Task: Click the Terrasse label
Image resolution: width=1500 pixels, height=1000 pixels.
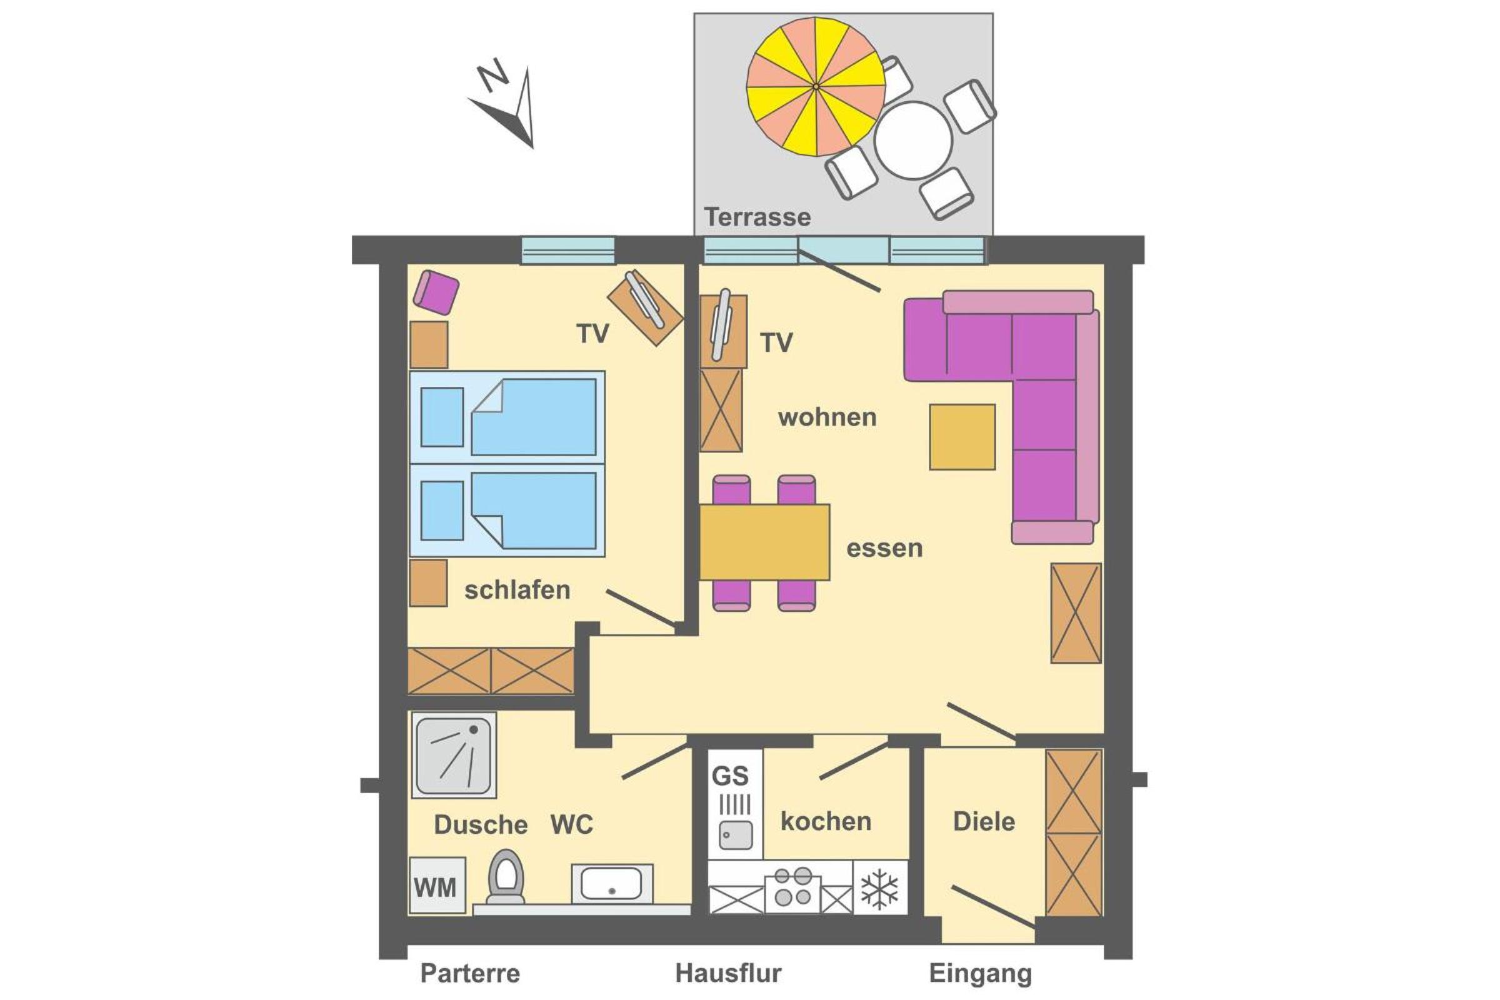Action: click(757, 217)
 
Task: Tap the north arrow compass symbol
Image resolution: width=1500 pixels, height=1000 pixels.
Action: click(505, 105)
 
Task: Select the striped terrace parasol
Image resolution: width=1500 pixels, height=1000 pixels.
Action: click(816, 87)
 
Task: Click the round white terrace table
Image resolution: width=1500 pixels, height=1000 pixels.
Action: click(912, 140)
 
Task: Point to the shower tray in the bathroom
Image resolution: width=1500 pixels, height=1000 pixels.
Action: click(454, 755)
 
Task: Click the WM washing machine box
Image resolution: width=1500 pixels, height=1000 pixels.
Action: click(437, 885)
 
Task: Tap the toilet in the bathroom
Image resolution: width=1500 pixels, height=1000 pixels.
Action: click(506, 876)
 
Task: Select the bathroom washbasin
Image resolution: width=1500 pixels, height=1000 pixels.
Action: click(612, 883)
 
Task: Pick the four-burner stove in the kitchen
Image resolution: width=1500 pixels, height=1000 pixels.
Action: click(792, 887)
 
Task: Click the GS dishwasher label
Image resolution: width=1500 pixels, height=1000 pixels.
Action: click(729, 776)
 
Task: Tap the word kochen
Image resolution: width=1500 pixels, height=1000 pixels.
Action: click(826, 821)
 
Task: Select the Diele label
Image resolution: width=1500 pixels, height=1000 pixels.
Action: click(983, 821)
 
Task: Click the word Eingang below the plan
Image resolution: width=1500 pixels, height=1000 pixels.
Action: click(980, 974)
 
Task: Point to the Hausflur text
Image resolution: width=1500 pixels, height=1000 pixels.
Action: click(728, 973)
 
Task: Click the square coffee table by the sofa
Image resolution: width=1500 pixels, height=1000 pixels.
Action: click(962, 437)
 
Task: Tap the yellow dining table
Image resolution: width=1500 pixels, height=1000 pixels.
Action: click(764, 542)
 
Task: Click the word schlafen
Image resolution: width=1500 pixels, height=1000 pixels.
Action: click(517, 591)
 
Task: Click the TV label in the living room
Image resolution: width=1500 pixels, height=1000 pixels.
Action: click(776, 343)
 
